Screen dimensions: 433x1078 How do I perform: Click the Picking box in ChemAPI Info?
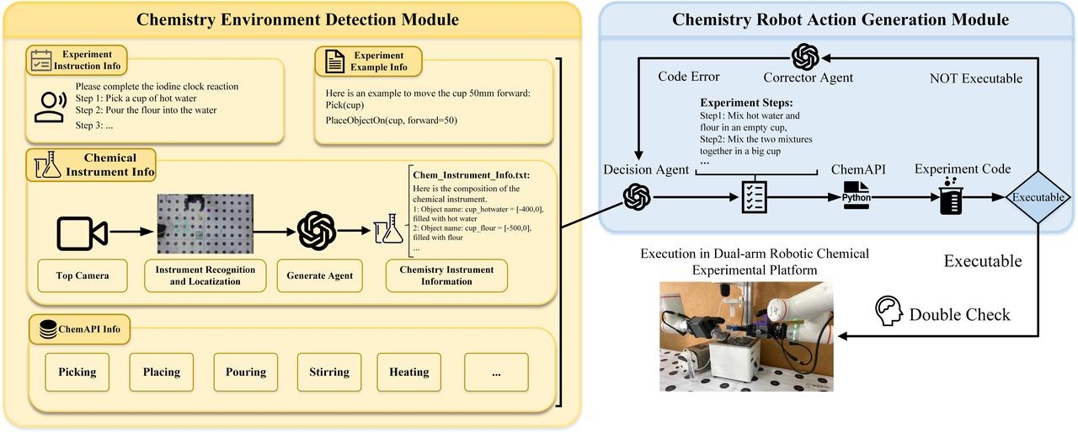(x=77, y=372)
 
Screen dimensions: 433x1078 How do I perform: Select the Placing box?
(x=161, y=372)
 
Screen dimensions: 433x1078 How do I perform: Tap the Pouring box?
(x=246, y=372)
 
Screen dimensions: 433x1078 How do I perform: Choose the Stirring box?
(x=328, y=372)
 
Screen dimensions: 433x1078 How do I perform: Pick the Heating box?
(x=409, y=372)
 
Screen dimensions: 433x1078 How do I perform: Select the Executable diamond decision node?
(x=1037, y=197)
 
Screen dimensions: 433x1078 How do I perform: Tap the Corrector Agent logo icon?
(x=806, y=57)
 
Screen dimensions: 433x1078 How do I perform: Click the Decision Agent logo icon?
(x=637, y=197)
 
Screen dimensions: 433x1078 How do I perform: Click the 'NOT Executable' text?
(x=975, y=78)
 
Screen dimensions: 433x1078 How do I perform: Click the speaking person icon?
(x=50, y=104)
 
